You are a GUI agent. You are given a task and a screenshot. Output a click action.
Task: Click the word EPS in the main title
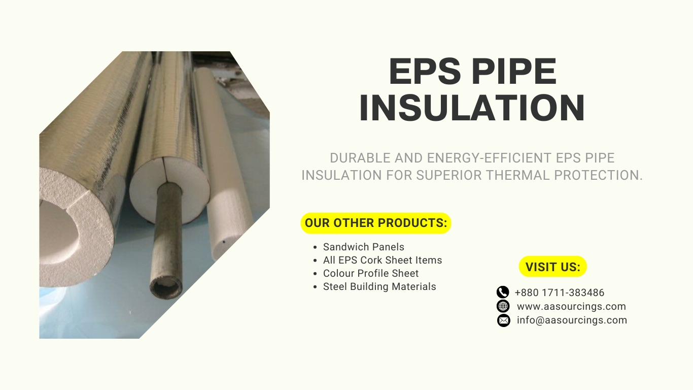pos(425,72)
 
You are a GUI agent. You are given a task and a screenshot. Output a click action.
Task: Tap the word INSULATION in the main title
pos(472,108)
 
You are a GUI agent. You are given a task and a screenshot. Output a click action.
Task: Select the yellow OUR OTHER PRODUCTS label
pos(376,223)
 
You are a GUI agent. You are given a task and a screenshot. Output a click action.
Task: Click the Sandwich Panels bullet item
pos(363,247)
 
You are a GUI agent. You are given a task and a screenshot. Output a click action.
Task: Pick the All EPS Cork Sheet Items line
pos(382,260)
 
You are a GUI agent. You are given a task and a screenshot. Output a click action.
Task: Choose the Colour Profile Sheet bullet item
pos(370,273)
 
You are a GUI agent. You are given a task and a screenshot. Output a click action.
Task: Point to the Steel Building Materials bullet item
pos(379,286)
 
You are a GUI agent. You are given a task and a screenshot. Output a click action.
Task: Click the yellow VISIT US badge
pos(552,267)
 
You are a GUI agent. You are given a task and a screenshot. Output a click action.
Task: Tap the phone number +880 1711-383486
pos(559,292)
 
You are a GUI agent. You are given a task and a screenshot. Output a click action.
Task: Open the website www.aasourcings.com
pos(571,306)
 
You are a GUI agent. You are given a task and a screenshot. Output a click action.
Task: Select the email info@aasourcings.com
pos(572,320)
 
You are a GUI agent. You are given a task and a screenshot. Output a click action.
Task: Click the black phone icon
pos(503,292)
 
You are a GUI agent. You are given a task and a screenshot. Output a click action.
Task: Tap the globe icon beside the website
pos(503,306)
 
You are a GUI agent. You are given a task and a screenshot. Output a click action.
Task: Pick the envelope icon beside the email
pos(503,320)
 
